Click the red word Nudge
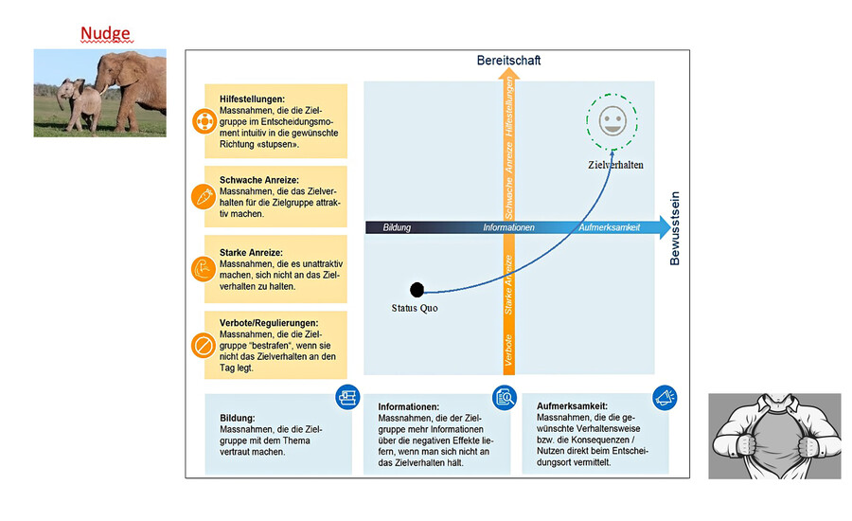[105, 34]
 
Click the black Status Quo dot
[417, 289]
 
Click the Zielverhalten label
[615, 165]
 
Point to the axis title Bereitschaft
[508, 62]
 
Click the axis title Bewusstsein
[675, 228]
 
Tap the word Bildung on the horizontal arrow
[398, 228]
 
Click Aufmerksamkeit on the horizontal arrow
[610, 228]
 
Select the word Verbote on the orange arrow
[508, 350]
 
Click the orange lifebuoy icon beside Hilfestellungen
[204, 121]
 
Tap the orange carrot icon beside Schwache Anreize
[204, 196]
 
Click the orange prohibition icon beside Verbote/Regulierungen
[204, 345]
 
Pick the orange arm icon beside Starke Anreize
[204, 270]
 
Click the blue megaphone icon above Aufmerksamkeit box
[664, 396]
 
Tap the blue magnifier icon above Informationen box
[504, 398]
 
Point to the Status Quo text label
[415, 308]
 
